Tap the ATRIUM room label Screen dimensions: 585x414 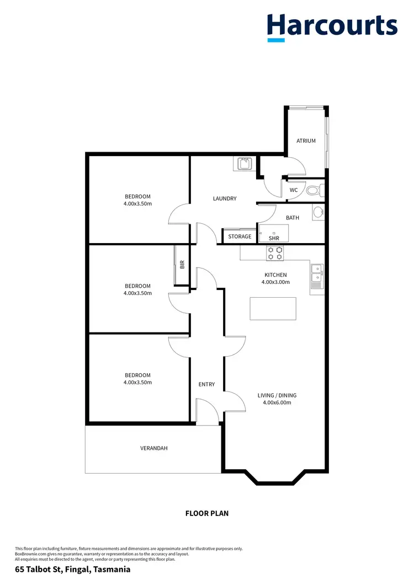coord(306,141)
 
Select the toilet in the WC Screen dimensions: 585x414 coord(313,191)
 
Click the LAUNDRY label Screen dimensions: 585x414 coord(225,198)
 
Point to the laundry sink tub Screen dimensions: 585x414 coord(244,163)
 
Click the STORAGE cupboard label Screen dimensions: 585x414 coord(240,237)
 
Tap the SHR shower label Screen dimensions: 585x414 coord(274,238)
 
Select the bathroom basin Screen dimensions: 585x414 coord(318,212)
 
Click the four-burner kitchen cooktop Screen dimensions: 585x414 coord(275,253)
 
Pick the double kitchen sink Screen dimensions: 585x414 coord(317,276)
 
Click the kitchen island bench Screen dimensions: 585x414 coord(273,308)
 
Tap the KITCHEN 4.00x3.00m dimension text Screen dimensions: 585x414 coord(275,282)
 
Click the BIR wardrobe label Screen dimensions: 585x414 coord(182,265)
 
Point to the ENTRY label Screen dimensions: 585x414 coord(206,384)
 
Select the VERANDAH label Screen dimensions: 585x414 coord(153,448)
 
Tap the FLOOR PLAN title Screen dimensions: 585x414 coord(206,513)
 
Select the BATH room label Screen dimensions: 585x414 coord(293,218)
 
